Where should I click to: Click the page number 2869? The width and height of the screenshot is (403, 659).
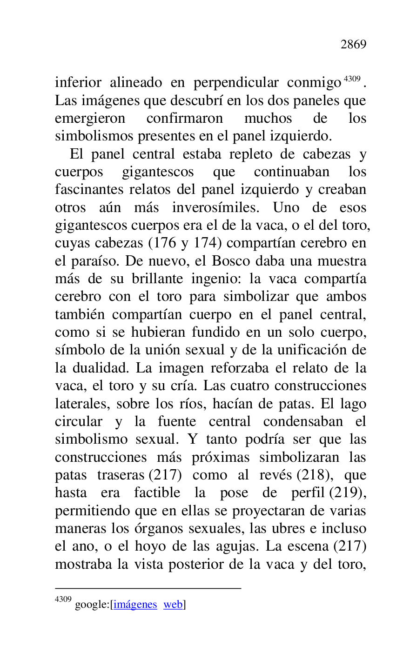pyautogui.click(x=353, y=45)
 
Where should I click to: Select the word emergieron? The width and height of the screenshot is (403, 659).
pyautogui.click(x=90, y=119)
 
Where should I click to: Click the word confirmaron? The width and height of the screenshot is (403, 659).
pyautogui.click(x=184, y=119)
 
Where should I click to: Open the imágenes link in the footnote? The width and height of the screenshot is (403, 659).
pyautogui.click(x=135, y=605)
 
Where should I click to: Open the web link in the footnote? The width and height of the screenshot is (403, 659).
pyautogui.click(x=173, y=605)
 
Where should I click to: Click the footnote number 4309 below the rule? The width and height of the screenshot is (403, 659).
pyautogui.click(x=63, y=600)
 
